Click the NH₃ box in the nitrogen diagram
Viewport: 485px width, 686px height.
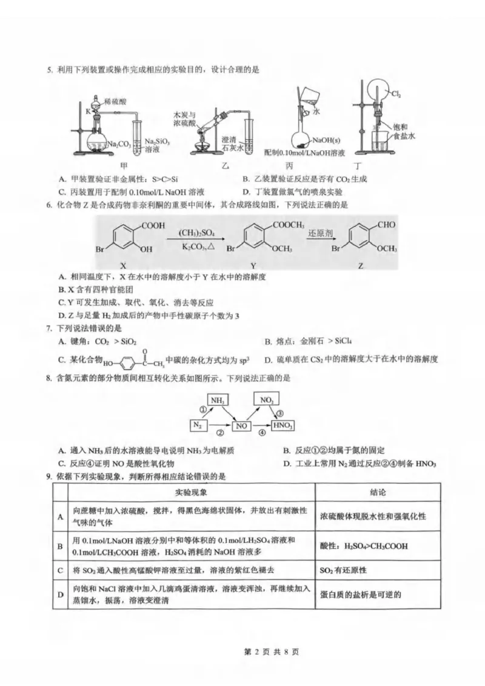click(219, 401)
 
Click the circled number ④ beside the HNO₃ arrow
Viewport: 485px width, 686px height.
click(262, 432)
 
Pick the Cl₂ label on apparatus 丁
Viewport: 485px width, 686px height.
click(395, 94)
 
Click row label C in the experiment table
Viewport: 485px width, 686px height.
click(60, 570)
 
